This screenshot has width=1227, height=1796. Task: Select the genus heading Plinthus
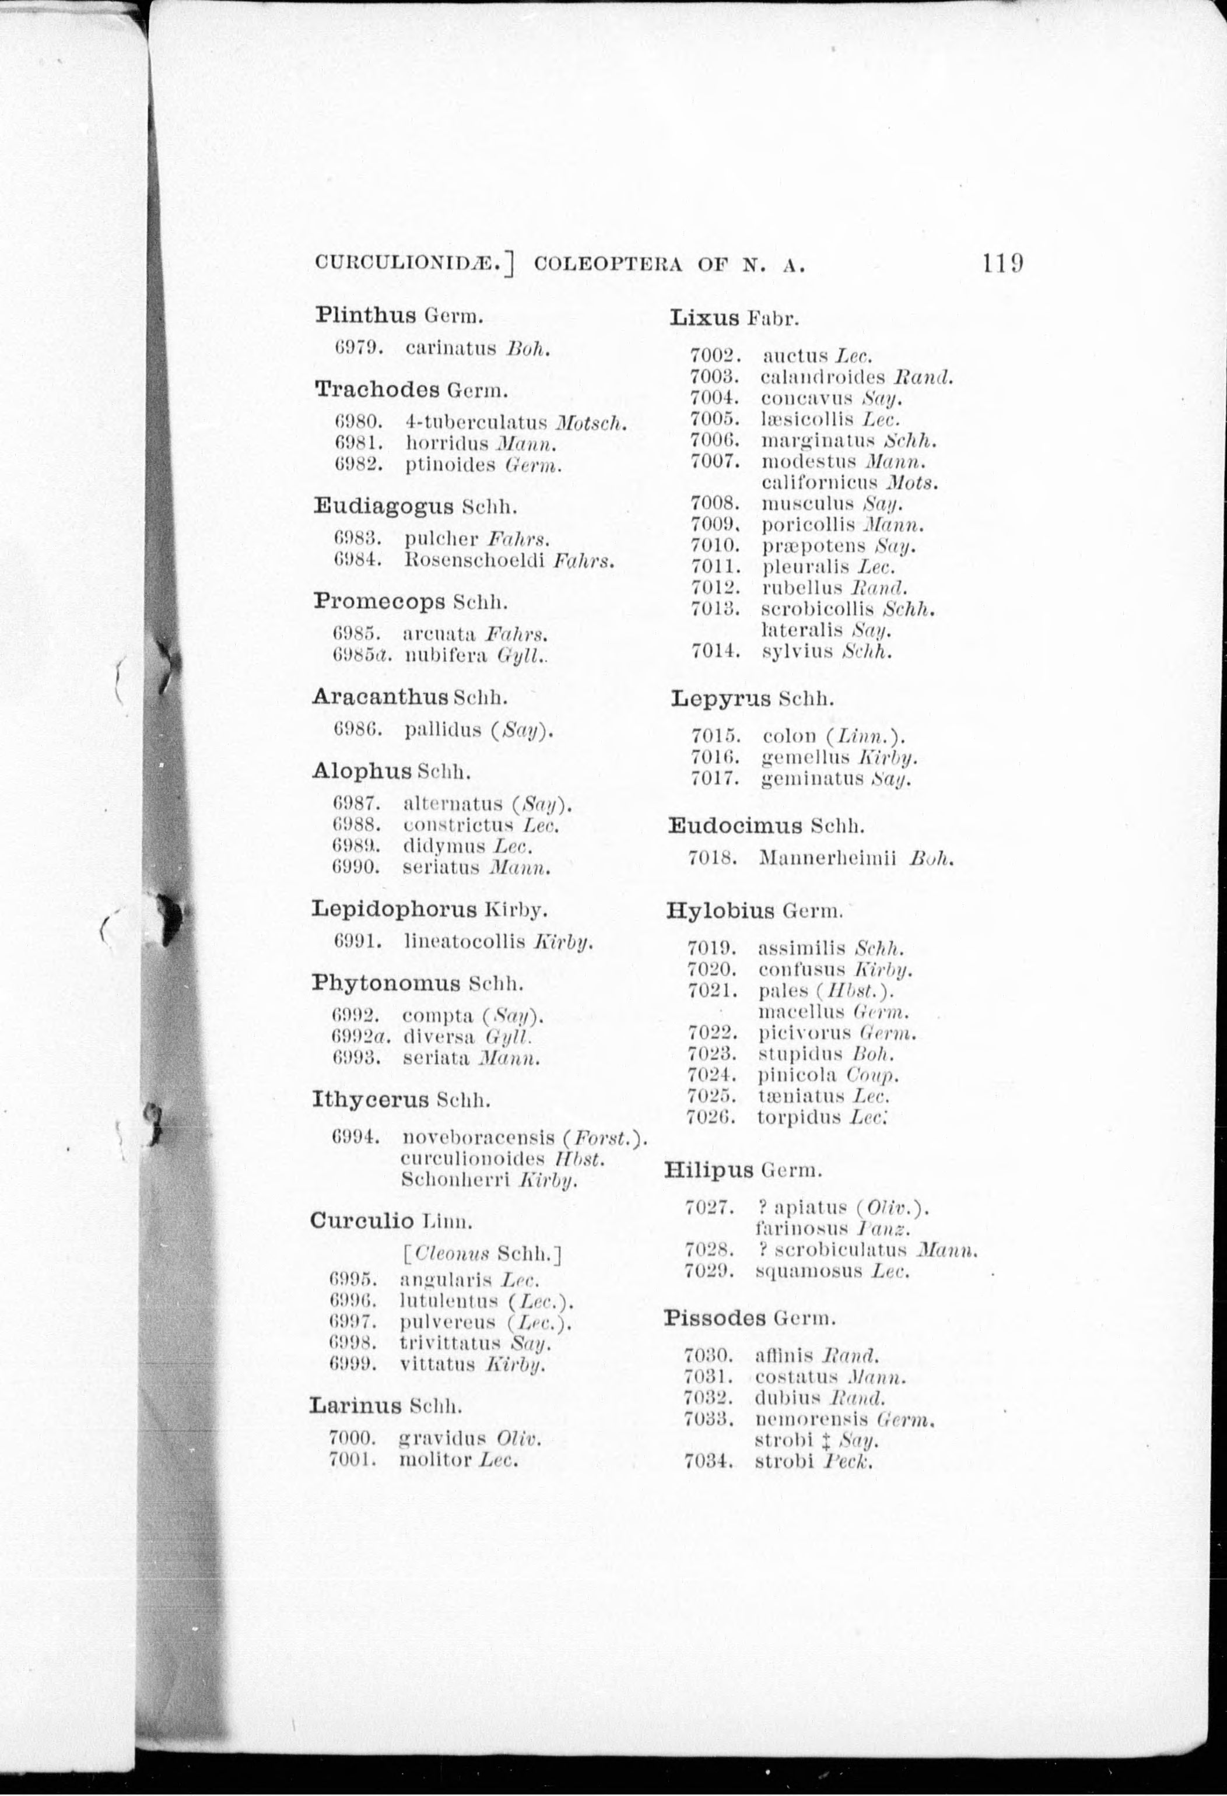(366, 315)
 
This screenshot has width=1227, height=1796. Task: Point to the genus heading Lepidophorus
(394, 909)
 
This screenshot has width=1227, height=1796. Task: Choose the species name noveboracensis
(478, 1137)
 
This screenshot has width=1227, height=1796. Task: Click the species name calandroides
(823, 378)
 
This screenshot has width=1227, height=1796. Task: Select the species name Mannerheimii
(827, 858)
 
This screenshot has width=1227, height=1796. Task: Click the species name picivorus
(804, 1033)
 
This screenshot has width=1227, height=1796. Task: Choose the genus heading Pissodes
(715, 1318)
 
